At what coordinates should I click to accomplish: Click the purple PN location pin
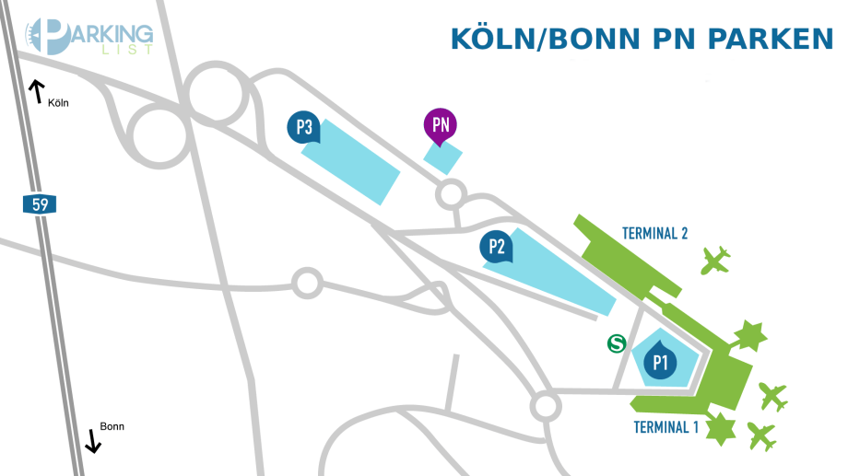pos(441,127)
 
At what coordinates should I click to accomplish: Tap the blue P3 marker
pos(303,127)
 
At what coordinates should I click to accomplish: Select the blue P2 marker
pos(496,246)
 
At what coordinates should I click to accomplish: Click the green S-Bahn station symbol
pos(617,343)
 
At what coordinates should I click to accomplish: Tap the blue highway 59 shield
pos(40,204)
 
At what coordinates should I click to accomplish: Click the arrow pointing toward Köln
pos(37,90)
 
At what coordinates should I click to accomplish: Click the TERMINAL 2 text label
pos(654,233)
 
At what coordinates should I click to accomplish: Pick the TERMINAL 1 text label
pos(665,427)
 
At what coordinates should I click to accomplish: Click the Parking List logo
pos(89,37)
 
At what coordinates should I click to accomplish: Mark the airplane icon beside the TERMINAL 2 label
pos(715,261)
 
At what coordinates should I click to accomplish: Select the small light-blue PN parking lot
pos(442,157)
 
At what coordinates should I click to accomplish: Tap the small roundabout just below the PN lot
pos(450,193)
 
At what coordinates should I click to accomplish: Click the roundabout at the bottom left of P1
pos(545,405)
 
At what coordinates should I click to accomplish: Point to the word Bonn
pos(112,426)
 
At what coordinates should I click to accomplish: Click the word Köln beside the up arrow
pos(58,103)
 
